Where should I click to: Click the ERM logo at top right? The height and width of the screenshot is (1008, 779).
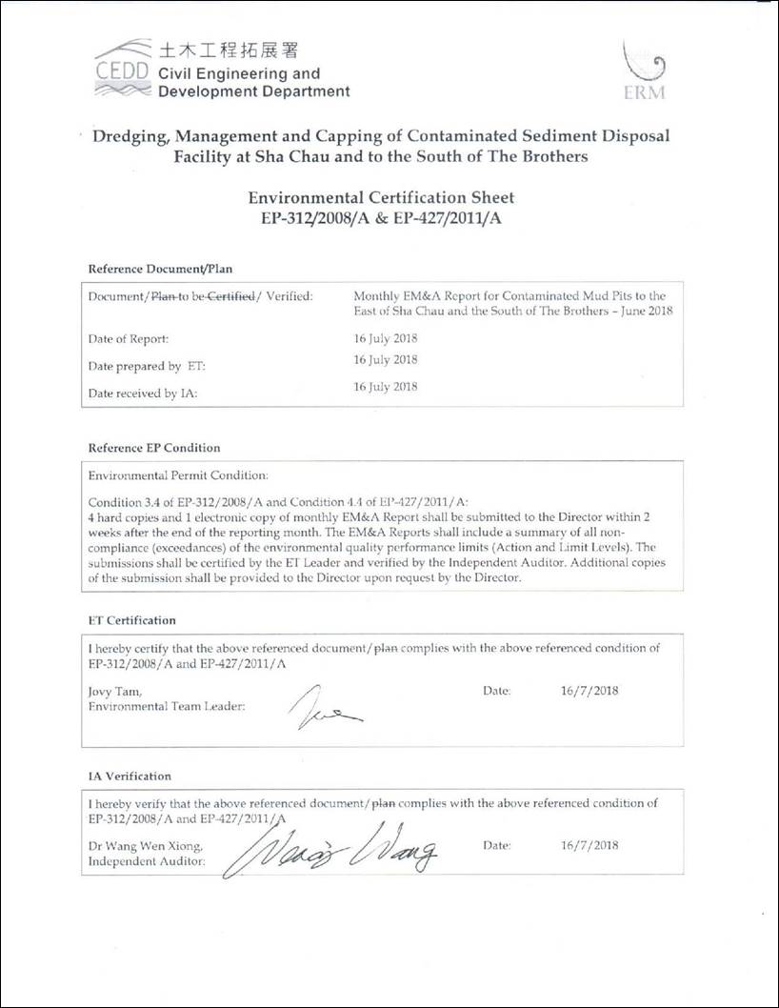pyautogui.click(x=645, y=72)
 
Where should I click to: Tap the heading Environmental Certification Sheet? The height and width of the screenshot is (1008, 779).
pyautogui.click(x=381, y=197)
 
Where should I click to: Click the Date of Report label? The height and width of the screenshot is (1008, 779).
pyautogui.click(x=129, y=338)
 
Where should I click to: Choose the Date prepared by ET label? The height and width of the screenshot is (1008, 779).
pyautogui.click(x=134, y=366)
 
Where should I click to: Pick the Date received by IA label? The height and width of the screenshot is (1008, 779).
pyautogui.click(x=142, y=393)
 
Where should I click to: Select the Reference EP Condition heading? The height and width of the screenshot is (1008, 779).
pyautogui.click(x=154, y=448)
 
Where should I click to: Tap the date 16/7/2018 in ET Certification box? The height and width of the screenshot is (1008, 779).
pyautogui.click(x=589, y=691)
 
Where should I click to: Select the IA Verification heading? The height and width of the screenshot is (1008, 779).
pyautogui.click(x=130, y=776)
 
